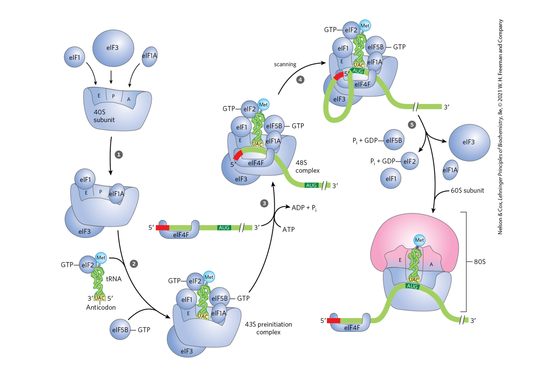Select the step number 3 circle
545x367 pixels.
pos(264,203)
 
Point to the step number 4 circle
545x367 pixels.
pos(300,80)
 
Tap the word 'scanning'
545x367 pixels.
pos(285,64)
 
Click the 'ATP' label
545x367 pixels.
pos(288,229)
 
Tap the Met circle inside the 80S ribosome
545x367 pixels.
pos(419,240)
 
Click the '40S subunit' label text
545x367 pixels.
pos(104,116)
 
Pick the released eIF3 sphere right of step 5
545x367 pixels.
pos(468,142)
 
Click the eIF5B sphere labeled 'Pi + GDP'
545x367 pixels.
pos(394,140)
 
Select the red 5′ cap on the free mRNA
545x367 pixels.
pos(163,227)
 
